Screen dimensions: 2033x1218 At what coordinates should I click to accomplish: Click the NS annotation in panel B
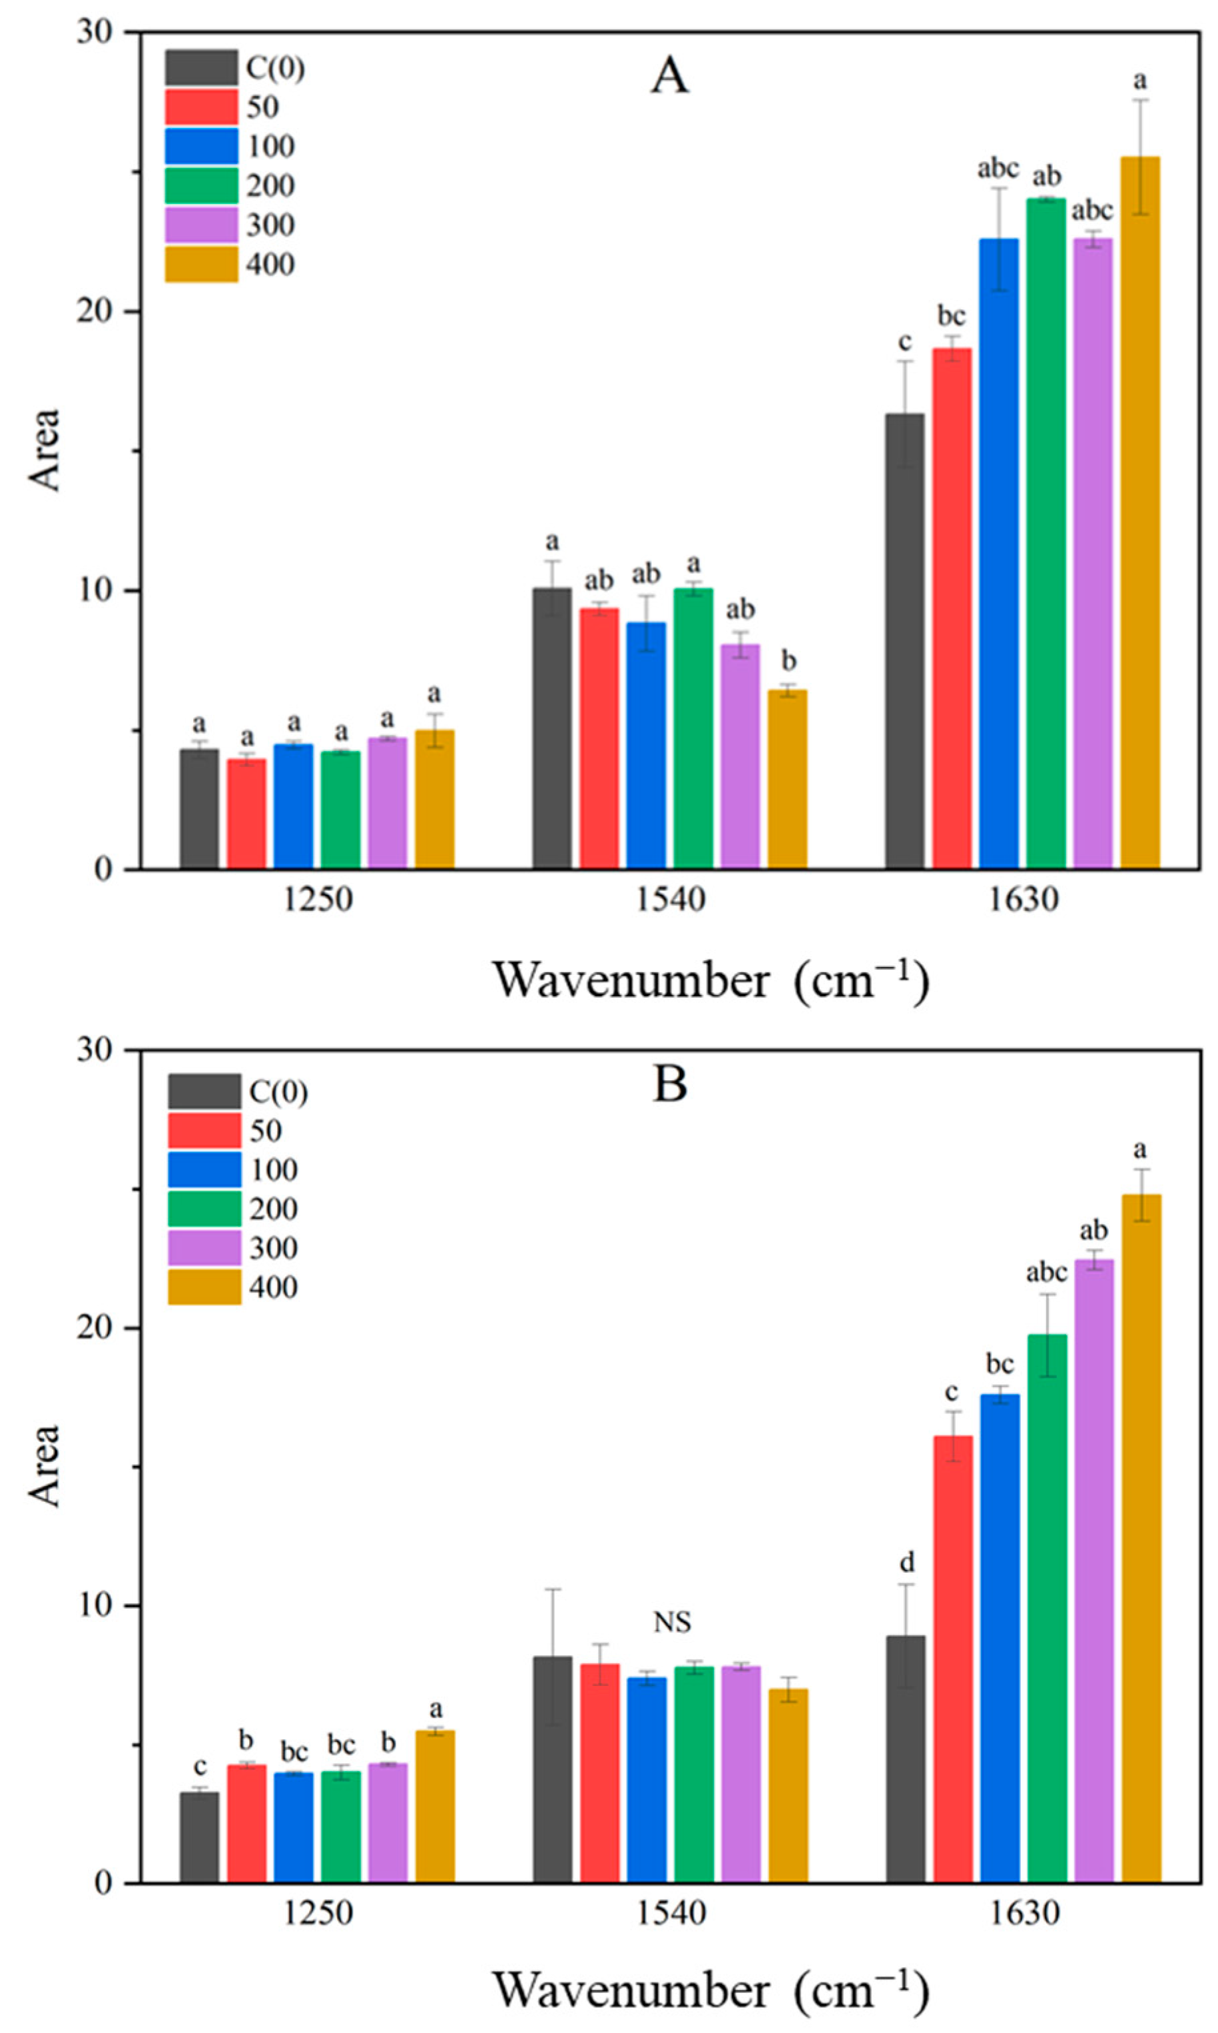671,1622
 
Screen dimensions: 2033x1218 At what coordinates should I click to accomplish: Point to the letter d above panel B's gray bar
906,1562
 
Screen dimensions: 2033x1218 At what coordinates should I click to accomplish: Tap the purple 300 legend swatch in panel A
201,225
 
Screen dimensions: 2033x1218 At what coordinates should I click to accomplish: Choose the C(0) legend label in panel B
278,1092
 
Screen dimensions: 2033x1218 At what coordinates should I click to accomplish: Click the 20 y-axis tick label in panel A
99,312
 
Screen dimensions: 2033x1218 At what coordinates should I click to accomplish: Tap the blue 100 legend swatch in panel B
204,1169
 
